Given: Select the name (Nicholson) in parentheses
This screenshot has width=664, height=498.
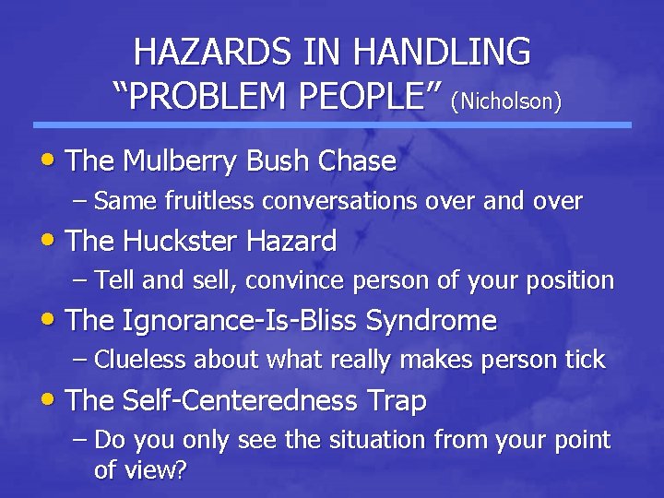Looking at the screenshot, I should (505, 100).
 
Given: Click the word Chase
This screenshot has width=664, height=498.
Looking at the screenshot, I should (356, 162).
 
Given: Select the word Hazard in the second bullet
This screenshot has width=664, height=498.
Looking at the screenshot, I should (292, 242).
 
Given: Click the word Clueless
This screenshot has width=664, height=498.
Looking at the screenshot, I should (136, 360).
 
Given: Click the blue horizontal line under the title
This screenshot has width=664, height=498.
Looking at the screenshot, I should (332, 125).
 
